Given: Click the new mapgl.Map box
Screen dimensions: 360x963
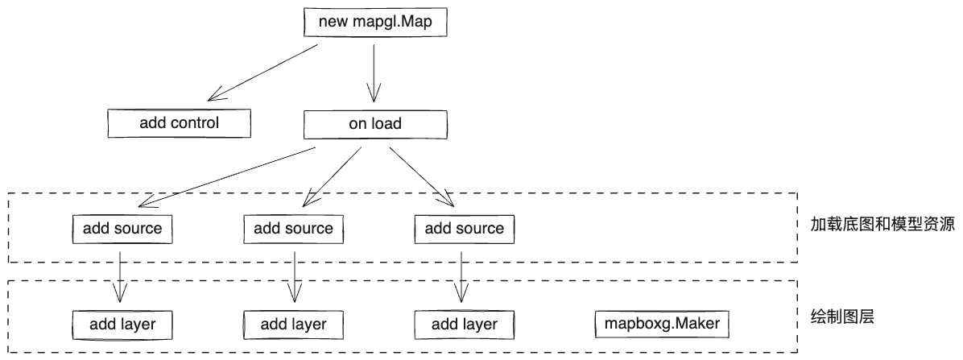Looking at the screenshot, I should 374,22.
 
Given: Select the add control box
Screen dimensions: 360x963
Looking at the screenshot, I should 179,123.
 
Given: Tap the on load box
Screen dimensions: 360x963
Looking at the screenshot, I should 374,125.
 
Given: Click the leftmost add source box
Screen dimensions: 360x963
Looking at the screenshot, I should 122,228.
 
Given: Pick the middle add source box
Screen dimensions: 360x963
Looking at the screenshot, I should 293,228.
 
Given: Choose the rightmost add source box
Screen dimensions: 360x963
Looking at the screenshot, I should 464,228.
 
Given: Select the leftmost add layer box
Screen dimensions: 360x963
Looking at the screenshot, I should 122,324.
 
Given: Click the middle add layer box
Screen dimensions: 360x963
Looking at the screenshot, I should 293,325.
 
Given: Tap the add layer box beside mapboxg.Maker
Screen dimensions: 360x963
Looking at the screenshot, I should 464,325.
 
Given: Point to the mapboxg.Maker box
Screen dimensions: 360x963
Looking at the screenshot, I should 662,324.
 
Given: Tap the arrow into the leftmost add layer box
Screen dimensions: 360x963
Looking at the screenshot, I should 120,278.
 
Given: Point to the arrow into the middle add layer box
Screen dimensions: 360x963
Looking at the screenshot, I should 294,278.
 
